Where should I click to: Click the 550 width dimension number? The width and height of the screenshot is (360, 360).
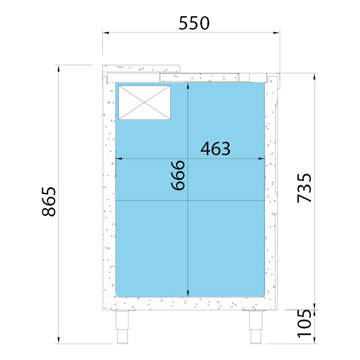coord(194,23)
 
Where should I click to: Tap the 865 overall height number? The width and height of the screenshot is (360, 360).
coord(49,202)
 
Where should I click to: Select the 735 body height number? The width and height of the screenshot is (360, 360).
coord(305,188)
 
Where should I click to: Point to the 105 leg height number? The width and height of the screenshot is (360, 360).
coord(305,323)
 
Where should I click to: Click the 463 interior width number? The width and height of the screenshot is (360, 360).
coord(216,149)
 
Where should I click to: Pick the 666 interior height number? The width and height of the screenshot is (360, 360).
coord(178,175)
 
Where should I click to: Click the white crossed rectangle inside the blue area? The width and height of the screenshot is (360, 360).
coord(144,103)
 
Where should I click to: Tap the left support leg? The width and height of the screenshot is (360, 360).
coord(122,327)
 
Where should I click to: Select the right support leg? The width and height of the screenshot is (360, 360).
coord(256,327)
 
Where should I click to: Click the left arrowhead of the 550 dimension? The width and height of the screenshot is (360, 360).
coord(106,32)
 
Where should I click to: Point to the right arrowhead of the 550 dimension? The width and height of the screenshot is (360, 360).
coord(276,32)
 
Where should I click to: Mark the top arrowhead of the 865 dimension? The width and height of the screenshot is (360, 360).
coord(58,68)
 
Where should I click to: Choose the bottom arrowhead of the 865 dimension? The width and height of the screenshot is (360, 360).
coord(58,340)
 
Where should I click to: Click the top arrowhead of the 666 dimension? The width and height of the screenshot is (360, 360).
coord(188,86)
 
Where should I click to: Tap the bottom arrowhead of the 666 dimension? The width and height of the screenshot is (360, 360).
coord(188,293)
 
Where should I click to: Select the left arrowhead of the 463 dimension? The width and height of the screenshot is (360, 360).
coord(118,158)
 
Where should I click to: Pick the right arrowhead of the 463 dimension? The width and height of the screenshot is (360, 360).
coord(261,158)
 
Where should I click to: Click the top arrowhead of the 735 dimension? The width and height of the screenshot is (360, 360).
coord(315,76)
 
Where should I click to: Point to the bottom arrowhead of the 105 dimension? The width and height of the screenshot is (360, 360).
coord(315,340)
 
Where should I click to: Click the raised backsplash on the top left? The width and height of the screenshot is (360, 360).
coord(141,68)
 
